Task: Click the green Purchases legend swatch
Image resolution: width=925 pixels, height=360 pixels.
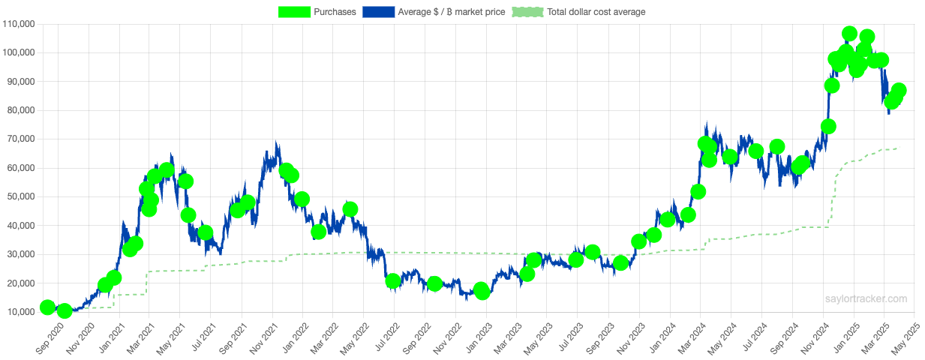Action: click(x=295, y=12)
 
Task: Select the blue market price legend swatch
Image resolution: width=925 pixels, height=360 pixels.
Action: click(x=379, y=12)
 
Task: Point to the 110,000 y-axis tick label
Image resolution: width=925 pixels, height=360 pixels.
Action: click(x=20, y=24)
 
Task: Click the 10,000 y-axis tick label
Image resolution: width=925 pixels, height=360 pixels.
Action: click(x=22, y=312)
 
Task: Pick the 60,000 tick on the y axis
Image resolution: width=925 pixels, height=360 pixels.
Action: click(x=22, y=168)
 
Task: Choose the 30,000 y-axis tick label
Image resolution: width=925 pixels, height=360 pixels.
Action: click(x=22, y=254)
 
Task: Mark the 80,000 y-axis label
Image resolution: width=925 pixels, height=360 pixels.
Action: click(x=22, y=110)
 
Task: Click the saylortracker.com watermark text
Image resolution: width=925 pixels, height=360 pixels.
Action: click(x=866, y=298)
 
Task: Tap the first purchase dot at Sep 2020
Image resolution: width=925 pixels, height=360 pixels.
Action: click(x=47, y=307)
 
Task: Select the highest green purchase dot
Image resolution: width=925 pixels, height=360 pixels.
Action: click(x=849, y=34)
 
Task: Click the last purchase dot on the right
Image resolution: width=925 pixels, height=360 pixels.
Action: click(x=899, y=90)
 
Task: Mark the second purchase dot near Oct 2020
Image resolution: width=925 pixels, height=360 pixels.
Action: click(x=65, y=310)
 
